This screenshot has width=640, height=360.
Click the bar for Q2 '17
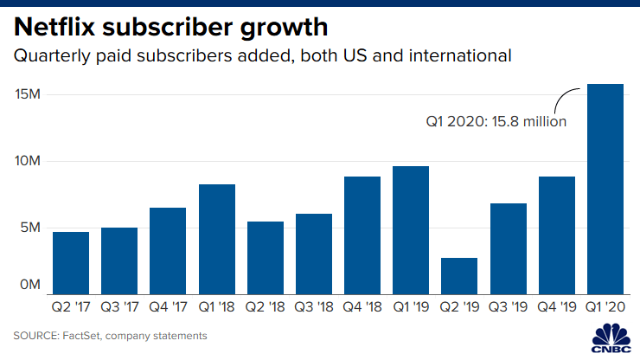(x=71, y=262)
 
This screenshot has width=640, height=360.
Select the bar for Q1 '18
(x=216, y=238)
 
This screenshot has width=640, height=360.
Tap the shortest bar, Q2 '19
(x=459, y=275)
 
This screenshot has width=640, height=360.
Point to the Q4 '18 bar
(x=362, y=235)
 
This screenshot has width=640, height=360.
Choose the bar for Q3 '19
(x=509, y=248)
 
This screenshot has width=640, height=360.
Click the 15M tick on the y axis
(x=29, y=93)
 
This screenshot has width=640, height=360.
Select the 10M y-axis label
(x=29, y=161)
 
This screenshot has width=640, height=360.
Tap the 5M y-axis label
(x=31, y=228)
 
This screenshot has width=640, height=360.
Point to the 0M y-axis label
(x=31, y=285)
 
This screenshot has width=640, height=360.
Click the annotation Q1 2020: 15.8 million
(x=496, y=122)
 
